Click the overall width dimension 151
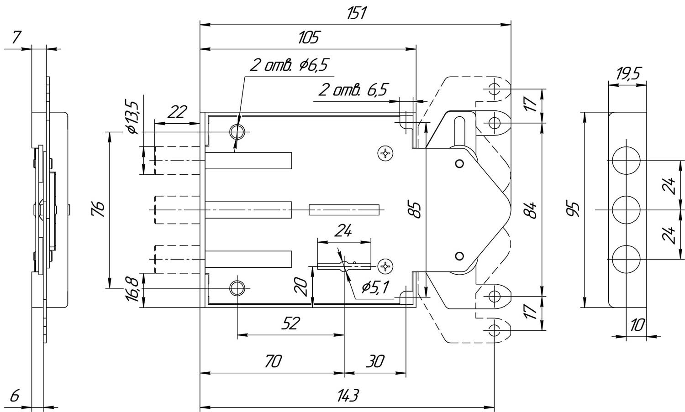356,13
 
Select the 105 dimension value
308,37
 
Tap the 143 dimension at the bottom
348,396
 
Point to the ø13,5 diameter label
133,117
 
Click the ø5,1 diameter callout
375,287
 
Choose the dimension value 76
99,209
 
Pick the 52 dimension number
290,323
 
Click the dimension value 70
273,361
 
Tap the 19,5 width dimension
628,74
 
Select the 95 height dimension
573,209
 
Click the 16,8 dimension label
134,290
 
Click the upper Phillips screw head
385,153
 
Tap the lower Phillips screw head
385,266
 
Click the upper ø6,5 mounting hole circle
237,132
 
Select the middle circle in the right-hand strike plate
626,210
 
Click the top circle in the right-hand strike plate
626,160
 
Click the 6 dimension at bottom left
15,396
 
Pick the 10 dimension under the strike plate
638,325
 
